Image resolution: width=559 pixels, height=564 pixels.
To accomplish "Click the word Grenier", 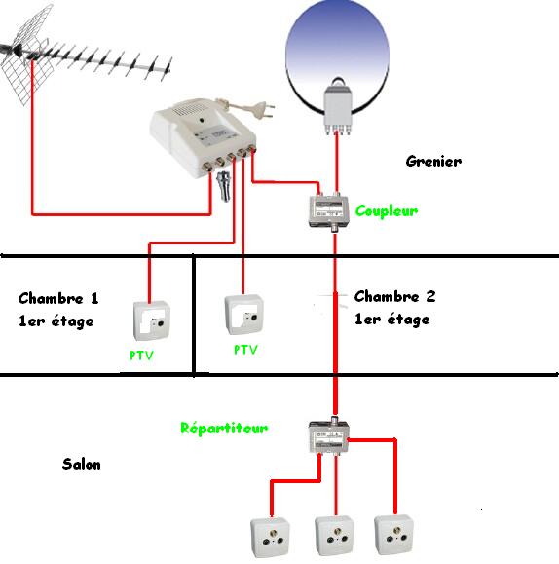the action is [433, 161].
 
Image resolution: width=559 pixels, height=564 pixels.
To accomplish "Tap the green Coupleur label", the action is [387, 210].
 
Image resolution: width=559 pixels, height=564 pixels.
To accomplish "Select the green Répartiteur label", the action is [224, 428].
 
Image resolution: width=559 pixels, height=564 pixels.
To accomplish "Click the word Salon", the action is [82, 464].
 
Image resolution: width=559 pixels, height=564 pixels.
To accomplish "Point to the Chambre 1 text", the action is [58, 298].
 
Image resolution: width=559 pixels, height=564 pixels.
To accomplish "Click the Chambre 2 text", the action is [395, 296].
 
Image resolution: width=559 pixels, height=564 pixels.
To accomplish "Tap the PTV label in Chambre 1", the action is [141, 356].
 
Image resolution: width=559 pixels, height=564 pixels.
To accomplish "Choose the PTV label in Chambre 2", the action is [245, 350].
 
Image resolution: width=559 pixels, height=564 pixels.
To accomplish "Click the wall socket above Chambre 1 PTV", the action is [152, 320].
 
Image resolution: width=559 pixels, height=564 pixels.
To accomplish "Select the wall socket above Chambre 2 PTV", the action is [243, 315].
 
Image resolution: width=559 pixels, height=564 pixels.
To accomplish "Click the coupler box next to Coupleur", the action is [329, 212].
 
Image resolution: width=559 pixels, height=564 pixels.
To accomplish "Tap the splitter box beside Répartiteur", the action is [329, 436].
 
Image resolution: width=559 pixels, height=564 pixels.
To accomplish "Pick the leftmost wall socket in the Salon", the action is [270, 538].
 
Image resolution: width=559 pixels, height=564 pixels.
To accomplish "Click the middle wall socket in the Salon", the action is [335, 536].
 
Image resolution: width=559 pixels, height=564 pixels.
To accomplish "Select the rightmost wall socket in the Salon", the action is [393, 535].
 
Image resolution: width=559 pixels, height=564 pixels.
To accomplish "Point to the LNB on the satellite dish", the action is [337, 107].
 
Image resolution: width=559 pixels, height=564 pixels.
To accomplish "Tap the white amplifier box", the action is [204, 137].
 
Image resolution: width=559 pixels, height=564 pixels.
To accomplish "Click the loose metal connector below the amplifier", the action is [224, 186].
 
